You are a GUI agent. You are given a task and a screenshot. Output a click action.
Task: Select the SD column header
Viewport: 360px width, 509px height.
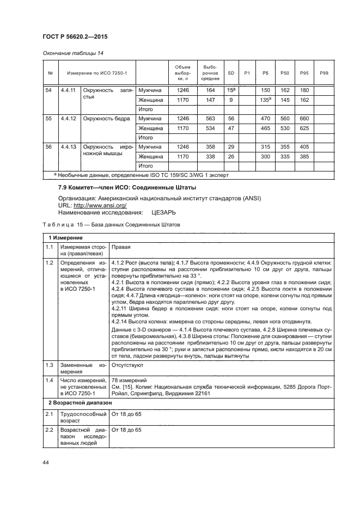(231, 73)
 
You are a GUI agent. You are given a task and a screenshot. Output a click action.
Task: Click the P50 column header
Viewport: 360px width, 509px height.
(284, 73)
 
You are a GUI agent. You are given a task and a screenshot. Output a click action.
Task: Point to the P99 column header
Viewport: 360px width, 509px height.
(324, 73)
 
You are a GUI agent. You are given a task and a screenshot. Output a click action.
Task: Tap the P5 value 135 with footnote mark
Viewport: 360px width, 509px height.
(266, 100)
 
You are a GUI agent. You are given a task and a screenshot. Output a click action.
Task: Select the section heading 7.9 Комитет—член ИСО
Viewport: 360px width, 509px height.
(108, 188)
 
